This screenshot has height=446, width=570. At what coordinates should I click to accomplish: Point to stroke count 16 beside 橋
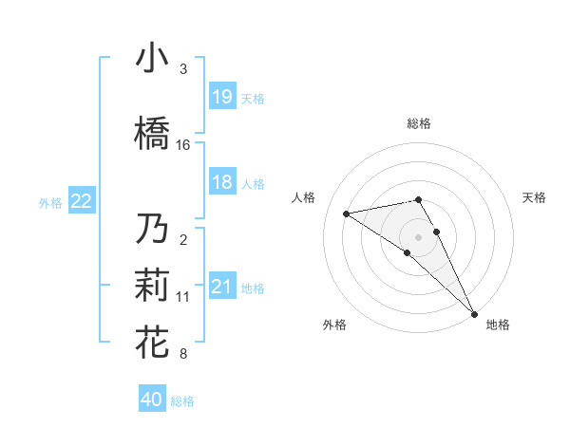(183, 145)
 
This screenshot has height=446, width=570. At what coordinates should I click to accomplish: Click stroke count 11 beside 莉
(183, 297)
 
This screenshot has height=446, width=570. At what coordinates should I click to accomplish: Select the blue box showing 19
(222, 96)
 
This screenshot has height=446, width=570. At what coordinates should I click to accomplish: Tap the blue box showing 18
(222, 182)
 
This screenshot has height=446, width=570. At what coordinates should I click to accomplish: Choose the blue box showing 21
(222, 287)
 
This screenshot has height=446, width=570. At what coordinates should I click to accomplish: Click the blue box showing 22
(82, 200)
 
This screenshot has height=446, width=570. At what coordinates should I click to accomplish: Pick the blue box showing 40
(152, 400)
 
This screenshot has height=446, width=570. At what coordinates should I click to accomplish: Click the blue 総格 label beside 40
(182, 401)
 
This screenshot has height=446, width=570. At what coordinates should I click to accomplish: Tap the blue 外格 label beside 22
(50, 202)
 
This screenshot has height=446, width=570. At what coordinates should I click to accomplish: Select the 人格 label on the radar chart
(305, 197)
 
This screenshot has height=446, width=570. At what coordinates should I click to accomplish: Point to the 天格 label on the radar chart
(534, 197)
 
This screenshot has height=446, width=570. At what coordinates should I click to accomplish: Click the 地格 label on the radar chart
(498, 325)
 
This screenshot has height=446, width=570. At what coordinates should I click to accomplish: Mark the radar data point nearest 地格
(474, 313)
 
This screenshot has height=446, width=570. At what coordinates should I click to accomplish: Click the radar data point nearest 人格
(347, 214)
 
